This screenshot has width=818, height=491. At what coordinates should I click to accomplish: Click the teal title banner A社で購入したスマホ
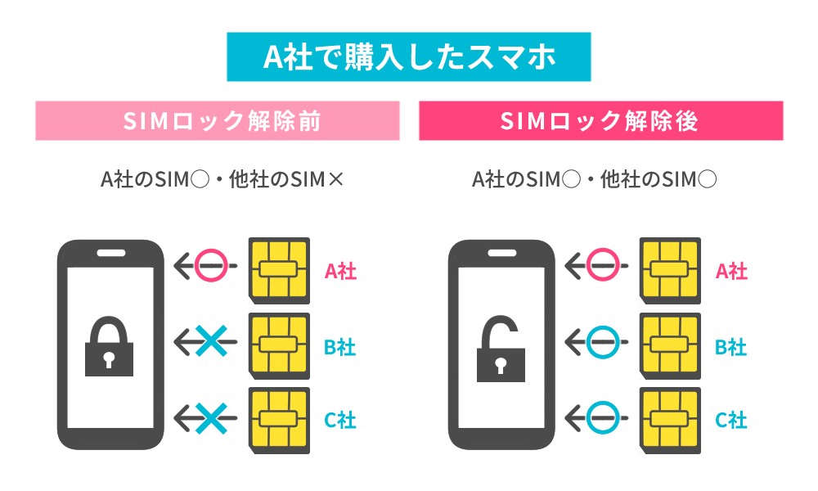[408, 56]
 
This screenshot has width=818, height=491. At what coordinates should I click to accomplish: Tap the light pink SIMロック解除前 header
[218, 121]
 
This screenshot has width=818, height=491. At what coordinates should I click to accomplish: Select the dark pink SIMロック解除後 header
[600, 121]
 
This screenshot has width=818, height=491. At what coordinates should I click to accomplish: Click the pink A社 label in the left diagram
[340, 271]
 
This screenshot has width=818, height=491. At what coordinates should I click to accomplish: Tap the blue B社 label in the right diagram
[730, 347]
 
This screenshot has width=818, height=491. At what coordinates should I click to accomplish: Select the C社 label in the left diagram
[340, 421]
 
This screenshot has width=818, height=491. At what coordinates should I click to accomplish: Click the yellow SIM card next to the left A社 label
[279, 268]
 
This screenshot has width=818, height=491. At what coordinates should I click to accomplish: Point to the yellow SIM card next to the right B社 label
[670, 345]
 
